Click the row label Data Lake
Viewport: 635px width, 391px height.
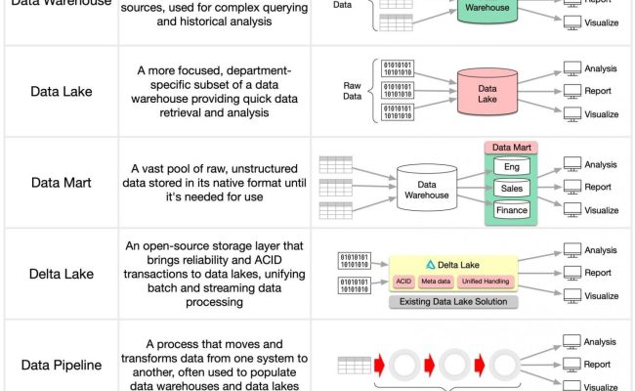(60, 91)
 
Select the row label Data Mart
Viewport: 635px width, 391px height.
(60, 182)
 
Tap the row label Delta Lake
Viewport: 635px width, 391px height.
(60, 274)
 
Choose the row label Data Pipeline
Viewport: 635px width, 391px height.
(60, 365)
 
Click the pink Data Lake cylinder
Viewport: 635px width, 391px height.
(487, 91)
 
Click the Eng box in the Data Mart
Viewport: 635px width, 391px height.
(512, 166)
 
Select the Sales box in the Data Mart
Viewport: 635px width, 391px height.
(512, 188)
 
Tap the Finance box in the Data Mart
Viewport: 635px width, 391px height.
(512, 209)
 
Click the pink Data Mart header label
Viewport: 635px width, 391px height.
(512, 147)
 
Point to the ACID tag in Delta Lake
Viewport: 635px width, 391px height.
(403, 282)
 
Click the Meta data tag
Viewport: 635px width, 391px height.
(437, 282)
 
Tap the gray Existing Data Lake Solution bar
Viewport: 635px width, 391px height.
(452, 302)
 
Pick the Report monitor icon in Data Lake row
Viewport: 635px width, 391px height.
(572, 91)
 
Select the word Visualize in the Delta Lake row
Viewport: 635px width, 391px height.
(602, 295)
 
